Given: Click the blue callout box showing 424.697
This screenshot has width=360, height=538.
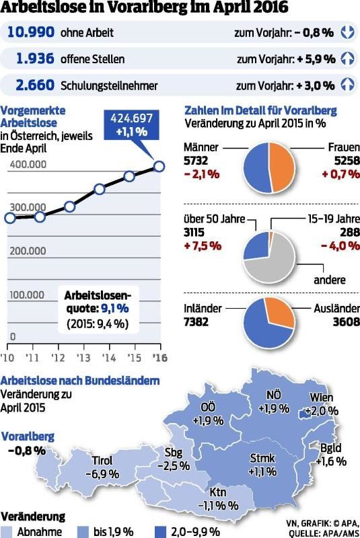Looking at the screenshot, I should pos(132,126).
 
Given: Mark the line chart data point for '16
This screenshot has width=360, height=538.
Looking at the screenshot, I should pos(159,166).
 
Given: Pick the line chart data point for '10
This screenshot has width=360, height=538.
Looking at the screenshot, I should pos(9,217).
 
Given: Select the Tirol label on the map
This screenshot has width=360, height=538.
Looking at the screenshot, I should pos(102,461).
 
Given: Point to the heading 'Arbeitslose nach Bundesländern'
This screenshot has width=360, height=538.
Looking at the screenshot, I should pos(80,381).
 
